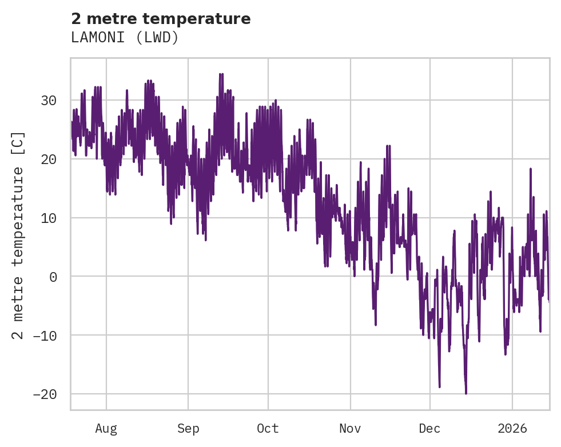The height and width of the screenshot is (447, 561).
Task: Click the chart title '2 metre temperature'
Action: coord(161,19)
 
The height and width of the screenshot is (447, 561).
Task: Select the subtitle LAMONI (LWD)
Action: coord(125,37)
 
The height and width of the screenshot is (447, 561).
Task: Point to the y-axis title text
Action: coord(18,236)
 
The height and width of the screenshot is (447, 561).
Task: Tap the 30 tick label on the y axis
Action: coord(49,101)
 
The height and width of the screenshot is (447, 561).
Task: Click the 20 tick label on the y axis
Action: coord(49,159)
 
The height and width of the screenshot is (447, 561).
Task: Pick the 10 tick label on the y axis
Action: coord(49,218)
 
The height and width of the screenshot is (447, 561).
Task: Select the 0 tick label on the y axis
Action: coord(53,277)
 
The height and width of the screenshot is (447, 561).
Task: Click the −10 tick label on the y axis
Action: coord(45,336)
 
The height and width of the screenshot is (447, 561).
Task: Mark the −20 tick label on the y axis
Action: coord(45,394)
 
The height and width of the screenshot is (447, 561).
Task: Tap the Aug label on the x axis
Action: coord(106,429)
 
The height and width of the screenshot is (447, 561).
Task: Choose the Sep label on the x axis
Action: coord(188,429)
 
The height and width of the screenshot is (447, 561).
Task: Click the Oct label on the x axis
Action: coord(268,429)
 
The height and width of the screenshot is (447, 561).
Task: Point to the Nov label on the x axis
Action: coord(350,429)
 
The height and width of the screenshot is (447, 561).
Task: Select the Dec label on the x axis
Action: coord(429,429)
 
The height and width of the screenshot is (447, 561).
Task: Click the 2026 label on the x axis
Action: coord(512,429)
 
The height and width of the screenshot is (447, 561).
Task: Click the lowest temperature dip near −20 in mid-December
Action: coord(466,393)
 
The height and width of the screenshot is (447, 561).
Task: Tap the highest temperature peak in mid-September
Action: coord(221,74)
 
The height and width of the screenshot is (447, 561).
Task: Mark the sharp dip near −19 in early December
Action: coord(439,387)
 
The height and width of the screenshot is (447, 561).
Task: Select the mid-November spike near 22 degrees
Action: coord(388,146)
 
